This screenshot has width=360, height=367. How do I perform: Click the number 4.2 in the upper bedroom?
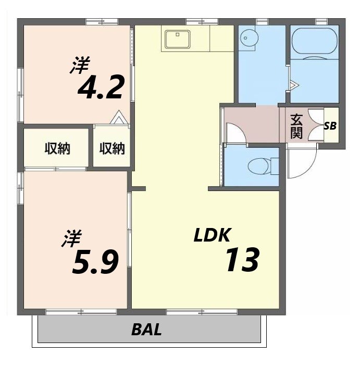tap(101, 87)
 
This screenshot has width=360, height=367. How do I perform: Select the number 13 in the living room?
tap(242, 260)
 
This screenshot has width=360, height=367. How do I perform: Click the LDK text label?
tap(212, 235)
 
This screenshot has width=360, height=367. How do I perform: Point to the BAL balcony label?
tap(146, 330)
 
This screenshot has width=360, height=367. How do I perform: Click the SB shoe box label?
tap(330, 125)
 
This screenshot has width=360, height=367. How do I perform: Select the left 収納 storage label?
tap(57, 149)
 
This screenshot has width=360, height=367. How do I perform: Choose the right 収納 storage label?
tap(112, 149)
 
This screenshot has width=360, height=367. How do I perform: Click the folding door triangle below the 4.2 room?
tap(119, 118)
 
